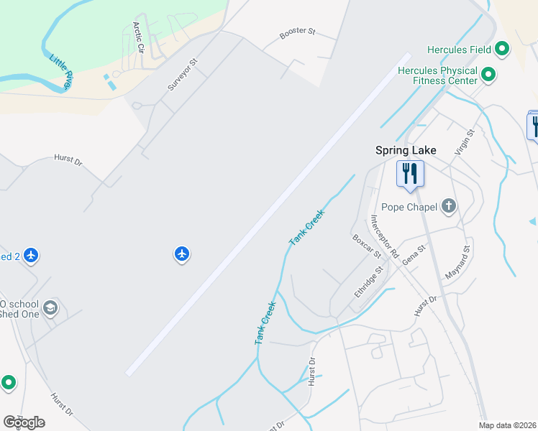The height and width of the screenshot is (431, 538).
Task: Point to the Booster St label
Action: coord(298,32)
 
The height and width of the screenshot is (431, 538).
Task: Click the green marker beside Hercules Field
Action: coord(502,50)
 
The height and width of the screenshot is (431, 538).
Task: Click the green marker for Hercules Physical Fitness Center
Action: coord(488,73)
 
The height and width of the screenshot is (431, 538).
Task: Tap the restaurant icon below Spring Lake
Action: coord(410,174)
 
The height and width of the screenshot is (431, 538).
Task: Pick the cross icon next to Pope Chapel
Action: coord(448,207)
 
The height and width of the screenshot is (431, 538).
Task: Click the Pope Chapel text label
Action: coord(409,208)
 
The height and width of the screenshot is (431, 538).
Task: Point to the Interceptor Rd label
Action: coord(384,236)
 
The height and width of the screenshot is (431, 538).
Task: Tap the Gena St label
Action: coord(414,254)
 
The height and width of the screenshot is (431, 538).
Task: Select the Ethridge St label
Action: coord(366,282)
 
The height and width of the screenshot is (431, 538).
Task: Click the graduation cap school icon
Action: coord(50,308)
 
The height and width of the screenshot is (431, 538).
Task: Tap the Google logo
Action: coord(24,422)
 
